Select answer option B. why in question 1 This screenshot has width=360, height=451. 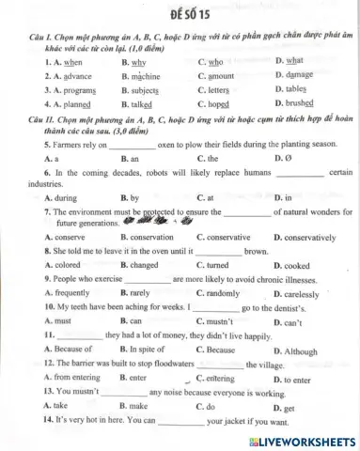[x=131, y=62]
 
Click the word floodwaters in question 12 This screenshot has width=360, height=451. [x=167, y=364]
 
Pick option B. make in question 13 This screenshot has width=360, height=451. [x=134, y=406]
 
